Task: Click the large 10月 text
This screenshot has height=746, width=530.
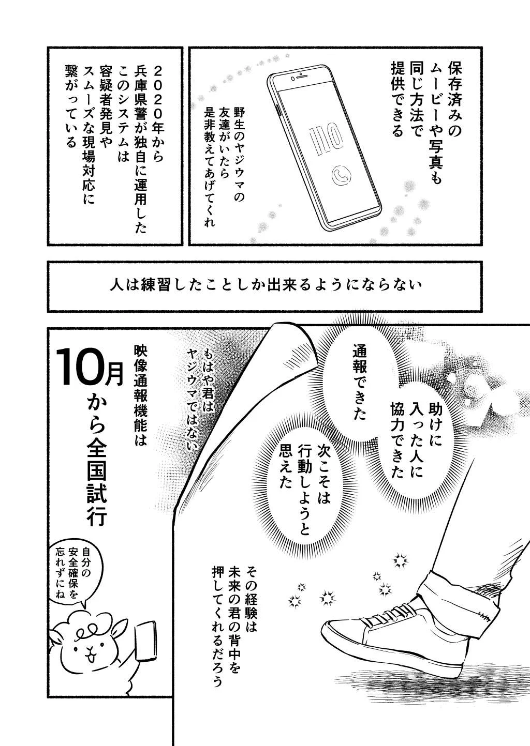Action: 89,366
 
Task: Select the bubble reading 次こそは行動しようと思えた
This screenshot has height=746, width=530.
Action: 301,485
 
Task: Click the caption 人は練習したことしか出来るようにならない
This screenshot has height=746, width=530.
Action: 264,286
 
